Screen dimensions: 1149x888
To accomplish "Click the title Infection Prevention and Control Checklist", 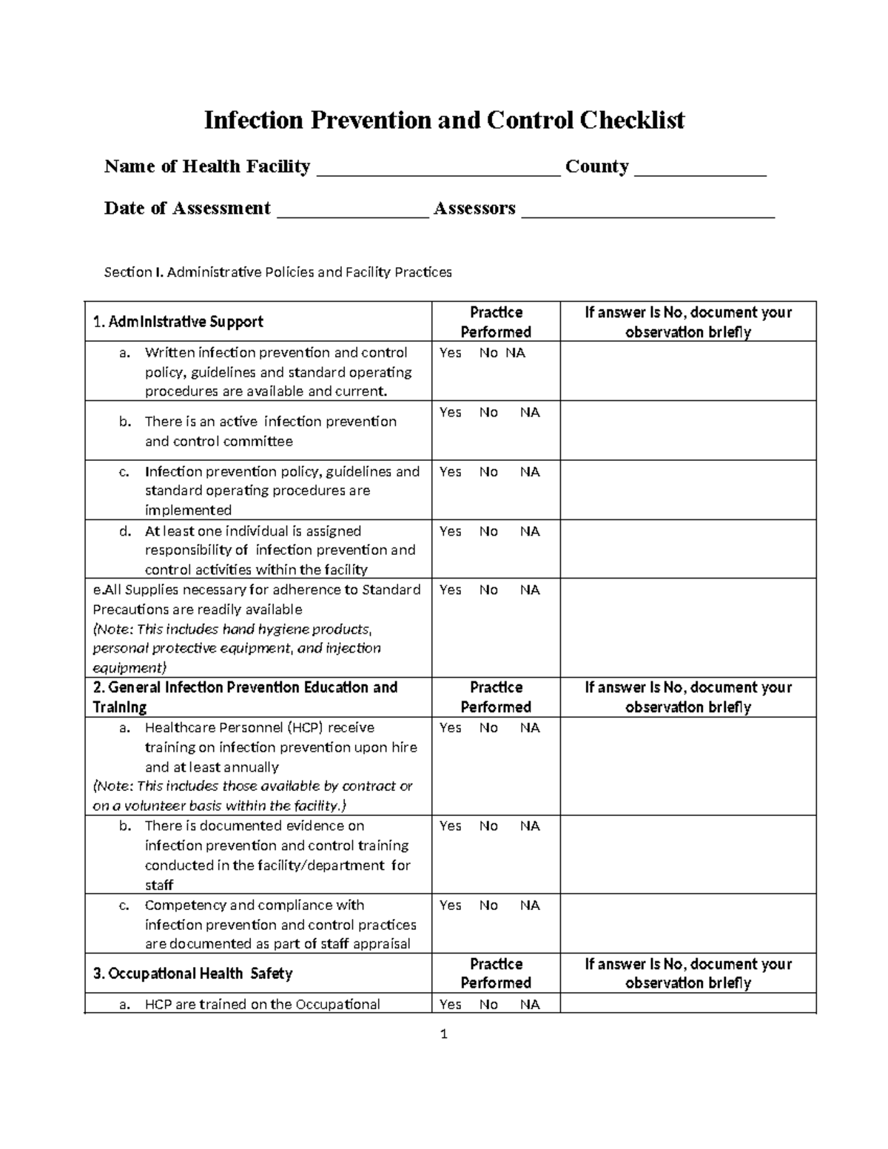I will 444,120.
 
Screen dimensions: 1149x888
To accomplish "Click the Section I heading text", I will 277,272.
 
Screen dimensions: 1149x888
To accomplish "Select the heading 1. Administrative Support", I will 178,322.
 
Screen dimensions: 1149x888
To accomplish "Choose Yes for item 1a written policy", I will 450,353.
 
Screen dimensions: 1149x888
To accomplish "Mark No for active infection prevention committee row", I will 488,413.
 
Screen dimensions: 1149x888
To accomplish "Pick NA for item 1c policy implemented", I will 530,472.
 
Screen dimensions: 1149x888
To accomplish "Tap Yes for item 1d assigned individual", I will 450,531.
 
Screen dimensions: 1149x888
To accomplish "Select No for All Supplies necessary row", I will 488,590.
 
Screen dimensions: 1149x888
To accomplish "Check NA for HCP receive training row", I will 530,728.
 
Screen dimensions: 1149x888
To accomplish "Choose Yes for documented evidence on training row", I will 450,826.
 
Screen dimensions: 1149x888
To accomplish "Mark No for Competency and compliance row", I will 488,906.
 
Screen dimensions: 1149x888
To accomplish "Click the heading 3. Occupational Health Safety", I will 192,974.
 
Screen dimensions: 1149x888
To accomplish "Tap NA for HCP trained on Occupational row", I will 530,1005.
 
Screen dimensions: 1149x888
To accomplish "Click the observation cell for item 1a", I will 687,371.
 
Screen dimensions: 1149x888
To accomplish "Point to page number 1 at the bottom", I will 444,1034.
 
